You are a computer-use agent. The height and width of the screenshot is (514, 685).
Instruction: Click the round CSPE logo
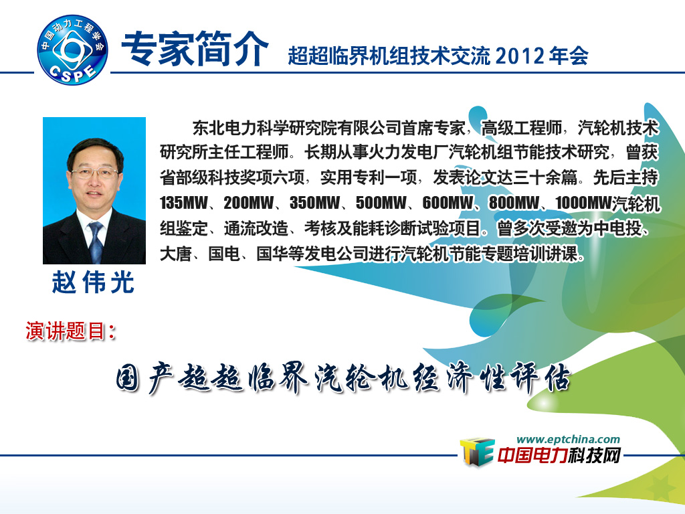click(x=72, y=50)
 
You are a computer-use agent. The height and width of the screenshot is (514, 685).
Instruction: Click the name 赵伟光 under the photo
click(x=92, y=282)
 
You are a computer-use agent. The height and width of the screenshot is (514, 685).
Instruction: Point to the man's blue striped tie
click(x=96, y=242)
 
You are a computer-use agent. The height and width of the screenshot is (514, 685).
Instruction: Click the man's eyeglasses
click(x=94, y=173)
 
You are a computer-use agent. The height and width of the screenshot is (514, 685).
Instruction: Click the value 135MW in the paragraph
click(x=184, y=203)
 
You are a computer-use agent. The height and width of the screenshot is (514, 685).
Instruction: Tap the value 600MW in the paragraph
click(x=448, y=203)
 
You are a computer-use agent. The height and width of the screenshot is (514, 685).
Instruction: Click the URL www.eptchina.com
click(x=568, y=439)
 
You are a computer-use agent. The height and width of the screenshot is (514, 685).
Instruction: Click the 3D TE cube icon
click(x=477, y=452)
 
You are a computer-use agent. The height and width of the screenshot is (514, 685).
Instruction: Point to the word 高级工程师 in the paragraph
click(x=522, y=128)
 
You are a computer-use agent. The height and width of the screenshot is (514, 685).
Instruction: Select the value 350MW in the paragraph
click(x=315, y=203)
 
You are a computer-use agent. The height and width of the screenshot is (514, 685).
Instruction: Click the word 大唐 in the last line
click(x=176, y=253)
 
